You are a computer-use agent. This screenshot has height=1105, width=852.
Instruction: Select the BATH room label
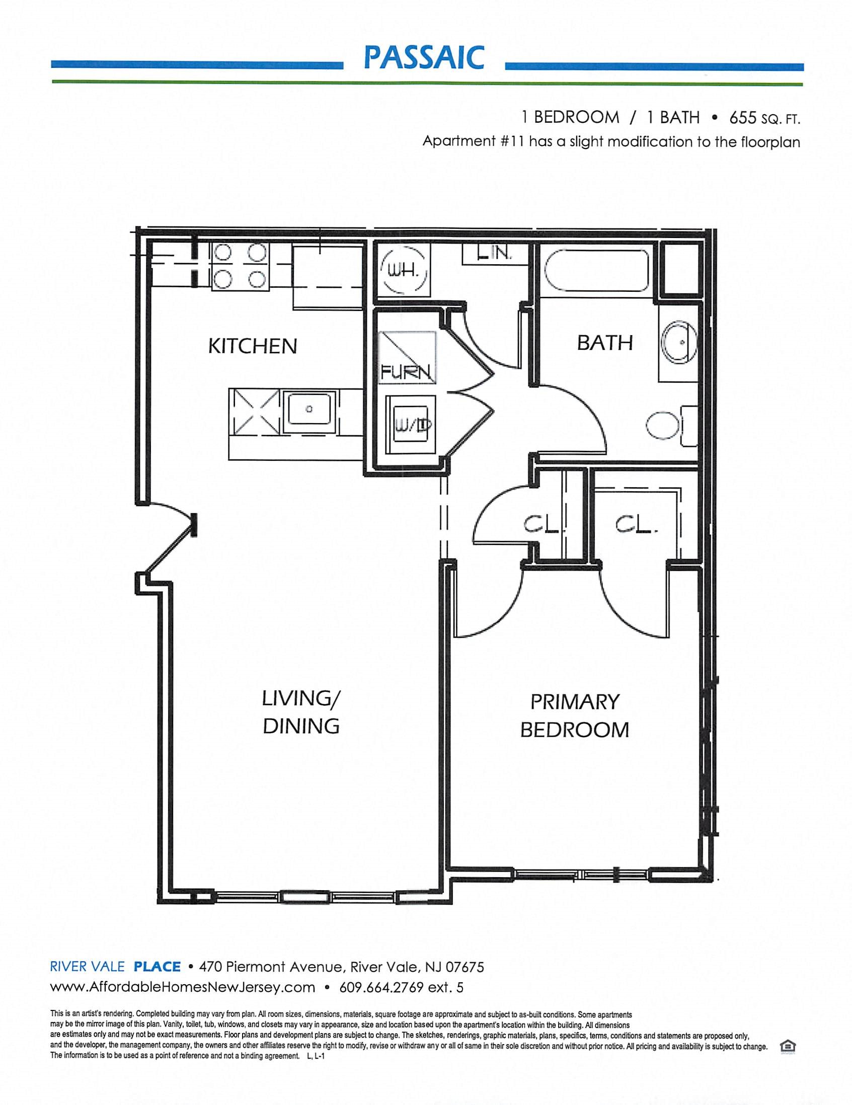[604, 344]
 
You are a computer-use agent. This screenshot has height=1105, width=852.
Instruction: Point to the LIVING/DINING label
[301, 713]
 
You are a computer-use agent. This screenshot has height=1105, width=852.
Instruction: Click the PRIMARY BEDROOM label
[575, 716]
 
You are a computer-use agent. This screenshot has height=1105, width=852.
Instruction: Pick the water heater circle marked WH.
[403, 273]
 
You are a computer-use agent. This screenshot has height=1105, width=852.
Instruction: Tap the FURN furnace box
[408, 357]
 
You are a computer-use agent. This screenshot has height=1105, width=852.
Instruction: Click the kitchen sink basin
[309, 408]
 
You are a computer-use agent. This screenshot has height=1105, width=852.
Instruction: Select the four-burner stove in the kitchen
[241, 266]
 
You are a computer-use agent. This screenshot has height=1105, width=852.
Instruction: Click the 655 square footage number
[743, 118]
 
